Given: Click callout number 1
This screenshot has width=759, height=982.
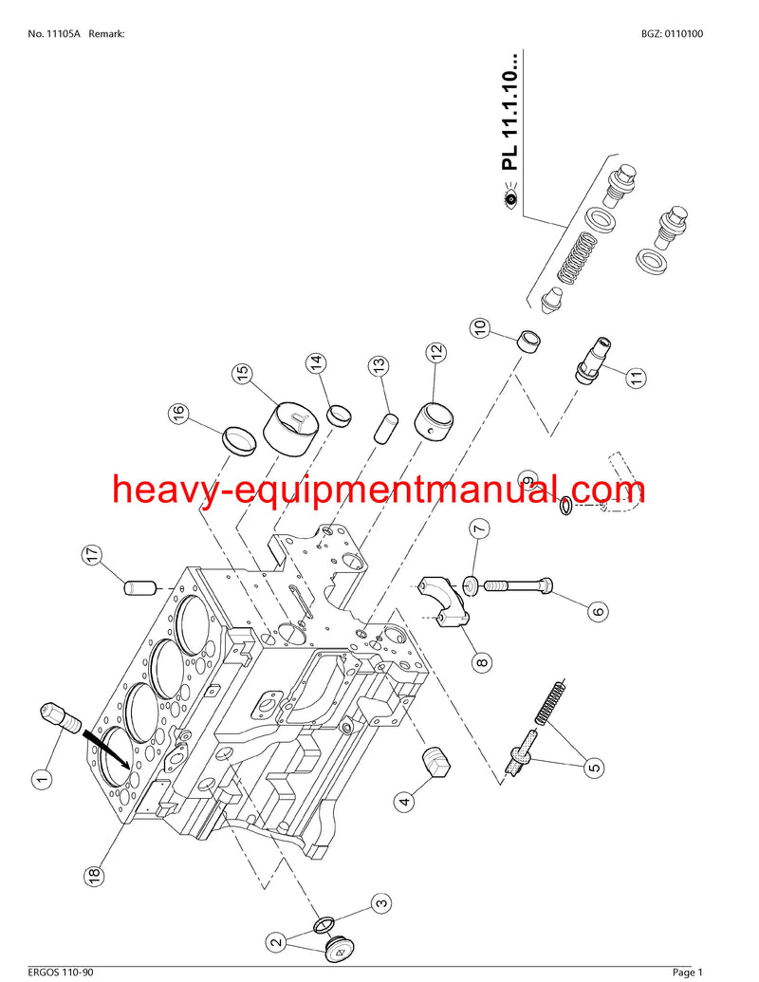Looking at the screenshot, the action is (42, 780).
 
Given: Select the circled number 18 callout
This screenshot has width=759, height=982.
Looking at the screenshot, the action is (93, 875).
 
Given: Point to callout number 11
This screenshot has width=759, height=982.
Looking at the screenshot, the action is (637, 378).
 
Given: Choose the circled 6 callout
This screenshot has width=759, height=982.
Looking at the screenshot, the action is (598, 611).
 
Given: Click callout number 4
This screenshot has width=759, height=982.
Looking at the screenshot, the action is (405, 801).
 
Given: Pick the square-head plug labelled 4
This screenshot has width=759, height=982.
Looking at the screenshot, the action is (435, 761).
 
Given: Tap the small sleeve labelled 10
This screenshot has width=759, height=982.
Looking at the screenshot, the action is (528, 342).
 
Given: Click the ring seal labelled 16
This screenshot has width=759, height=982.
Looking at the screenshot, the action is (239, 441).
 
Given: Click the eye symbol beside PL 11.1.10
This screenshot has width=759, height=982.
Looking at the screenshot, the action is (510, 199).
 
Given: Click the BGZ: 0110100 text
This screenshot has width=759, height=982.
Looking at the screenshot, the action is (672, 34).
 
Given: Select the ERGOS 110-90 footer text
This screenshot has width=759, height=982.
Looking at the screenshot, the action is (61, 972).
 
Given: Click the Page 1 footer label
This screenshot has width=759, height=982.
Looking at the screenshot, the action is (687, 972).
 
